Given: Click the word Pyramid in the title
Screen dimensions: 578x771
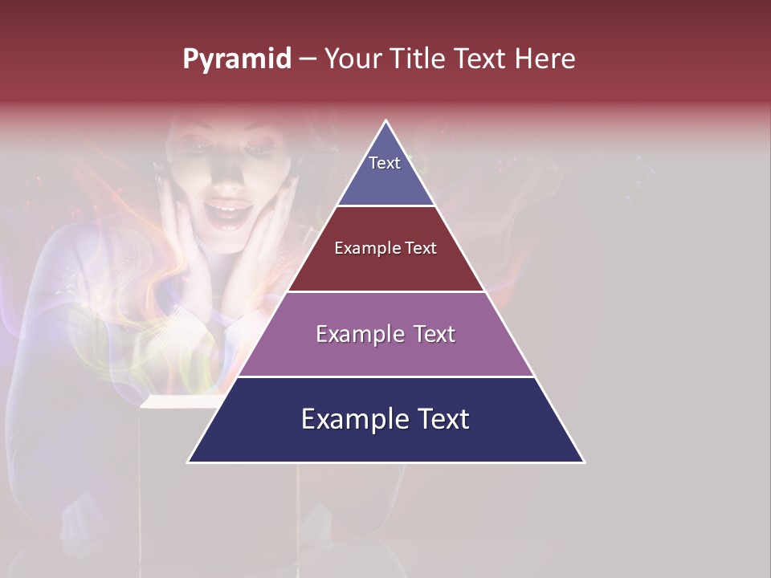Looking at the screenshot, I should click(x=236, y=59).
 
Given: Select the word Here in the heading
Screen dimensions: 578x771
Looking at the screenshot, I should click(x=545, y=59).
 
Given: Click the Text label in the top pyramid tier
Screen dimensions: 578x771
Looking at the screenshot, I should click(x=385, y=163).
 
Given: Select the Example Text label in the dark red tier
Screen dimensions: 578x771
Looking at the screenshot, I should click(x=385, y=249).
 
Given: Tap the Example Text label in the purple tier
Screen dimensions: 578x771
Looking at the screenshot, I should click(x=385, y=334).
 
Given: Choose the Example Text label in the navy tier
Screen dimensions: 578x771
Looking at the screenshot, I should click(x=385, y=419).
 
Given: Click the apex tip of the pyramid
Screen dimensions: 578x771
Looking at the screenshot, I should click(x=386, y=122).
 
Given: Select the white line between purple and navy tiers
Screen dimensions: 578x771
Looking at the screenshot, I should click(x=385, y=377).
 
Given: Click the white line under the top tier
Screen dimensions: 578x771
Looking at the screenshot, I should click(x=385, y=206).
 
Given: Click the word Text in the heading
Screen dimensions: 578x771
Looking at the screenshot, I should click(x=480, y=59).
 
